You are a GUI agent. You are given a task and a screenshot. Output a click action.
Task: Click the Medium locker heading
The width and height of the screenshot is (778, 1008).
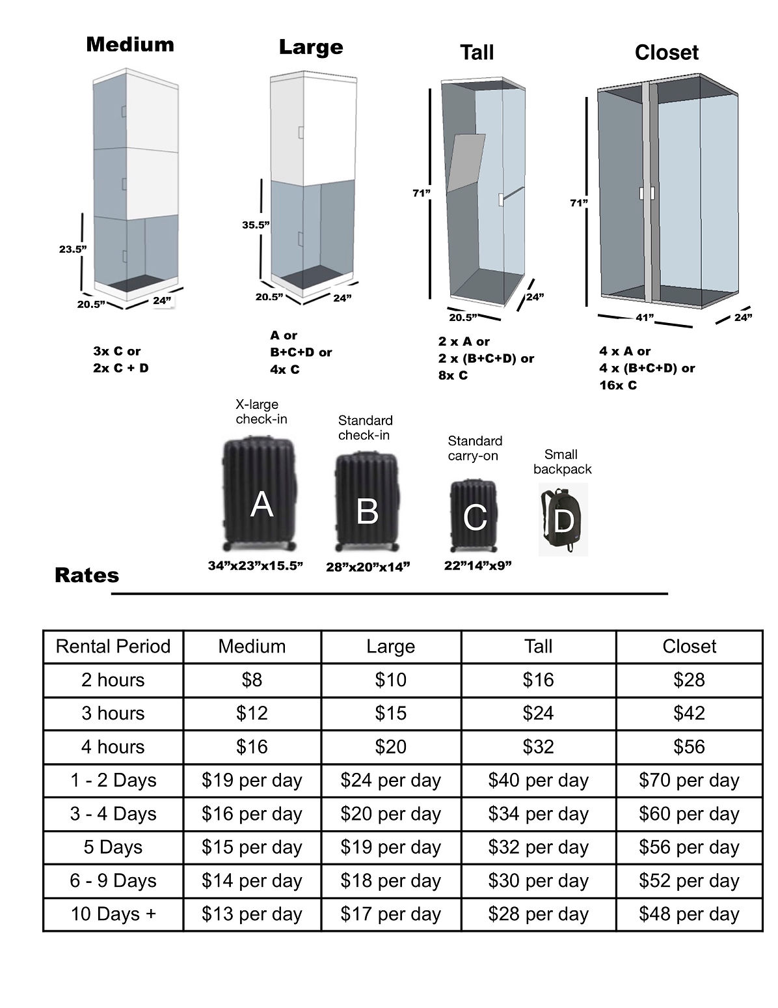point(130,44)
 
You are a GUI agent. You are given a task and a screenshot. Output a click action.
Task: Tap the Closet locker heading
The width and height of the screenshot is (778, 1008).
point(666,53)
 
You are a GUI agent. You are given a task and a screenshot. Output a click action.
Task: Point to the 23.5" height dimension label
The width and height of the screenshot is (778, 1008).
point(72,249)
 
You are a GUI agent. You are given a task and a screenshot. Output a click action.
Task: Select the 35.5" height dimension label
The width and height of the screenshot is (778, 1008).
point(256,225)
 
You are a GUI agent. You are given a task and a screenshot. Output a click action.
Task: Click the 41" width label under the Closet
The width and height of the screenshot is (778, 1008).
point(645,317)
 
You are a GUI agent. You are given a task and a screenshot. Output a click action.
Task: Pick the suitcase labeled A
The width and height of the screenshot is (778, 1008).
point(260,495)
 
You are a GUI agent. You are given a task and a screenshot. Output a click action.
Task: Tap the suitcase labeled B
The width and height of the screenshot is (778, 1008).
point(366,503)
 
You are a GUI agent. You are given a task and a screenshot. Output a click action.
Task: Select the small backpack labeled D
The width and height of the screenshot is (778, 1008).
point(563,520)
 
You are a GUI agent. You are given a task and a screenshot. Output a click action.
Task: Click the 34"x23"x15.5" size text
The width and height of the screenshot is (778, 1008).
point(256,565)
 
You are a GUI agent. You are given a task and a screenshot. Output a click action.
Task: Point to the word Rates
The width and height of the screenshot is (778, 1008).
point(87,575)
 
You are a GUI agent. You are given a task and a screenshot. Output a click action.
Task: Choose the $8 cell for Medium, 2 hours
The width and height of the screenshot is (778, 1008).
point(252,680)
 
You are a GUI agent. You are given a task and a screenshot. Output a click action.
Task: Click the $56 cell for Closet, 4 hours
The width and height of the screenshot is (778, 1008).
point(689,746)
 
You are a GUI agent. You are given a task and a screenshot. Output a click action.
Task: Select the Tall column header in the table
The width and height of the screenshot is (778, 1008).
point(538,646)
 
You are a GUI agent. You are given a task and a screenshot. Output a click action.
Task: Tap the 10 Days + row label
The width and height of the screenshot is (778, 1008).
point(113,914)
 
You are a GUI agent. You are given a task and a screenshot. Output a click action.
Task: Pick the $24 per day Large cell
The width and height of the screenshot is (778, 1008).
point(390,780)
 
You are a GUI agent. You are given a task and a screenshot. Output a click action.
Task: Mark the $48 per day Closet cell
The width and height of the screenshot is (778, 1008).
point(689,914)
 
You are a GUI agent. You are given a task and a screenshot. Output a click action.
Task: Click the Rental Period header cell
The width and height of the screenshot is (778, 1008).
point(113,646)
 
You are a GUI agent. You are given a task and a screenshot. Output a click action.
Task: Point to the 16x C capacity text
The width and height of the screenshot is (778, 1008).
point(618,385)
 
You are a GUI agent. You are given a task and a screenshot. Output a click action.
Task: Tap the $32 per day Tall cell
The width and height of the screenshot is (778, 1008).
point(538,847)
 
